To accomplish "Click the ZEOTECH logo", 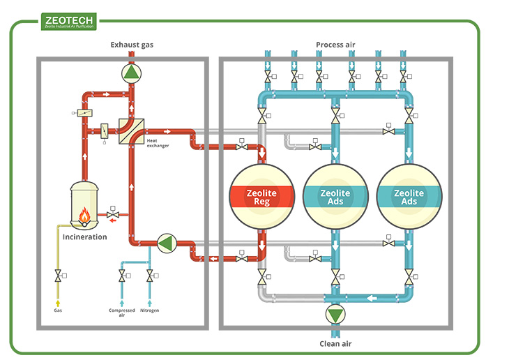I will coord(69,21).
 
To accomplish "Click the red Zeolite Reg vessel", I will coord(261,197).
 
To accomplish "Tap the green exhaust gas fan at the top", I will coord(130,72).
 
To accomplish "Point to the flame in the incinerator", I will coord(84,217).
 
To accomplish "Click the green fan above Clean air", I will coord(335,315).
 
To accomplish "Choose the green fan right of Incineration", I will coord(166,243).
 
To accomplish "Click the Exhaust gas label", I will coord(132,45).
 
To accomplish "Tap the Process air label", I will coord(335,45).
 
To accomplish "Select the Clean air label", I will coord(335,343).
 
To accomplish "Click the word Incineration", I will coord(85,237).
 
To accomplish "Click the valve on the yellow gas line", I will coord(58,278).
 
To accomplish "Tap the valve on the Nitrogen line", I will coord(149,278).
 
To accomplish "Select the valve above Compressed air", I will coord(121,278).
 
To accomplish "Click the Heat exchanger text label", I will coord(157,143).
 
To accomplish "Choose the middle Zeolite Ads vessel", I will coord(335,197).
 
